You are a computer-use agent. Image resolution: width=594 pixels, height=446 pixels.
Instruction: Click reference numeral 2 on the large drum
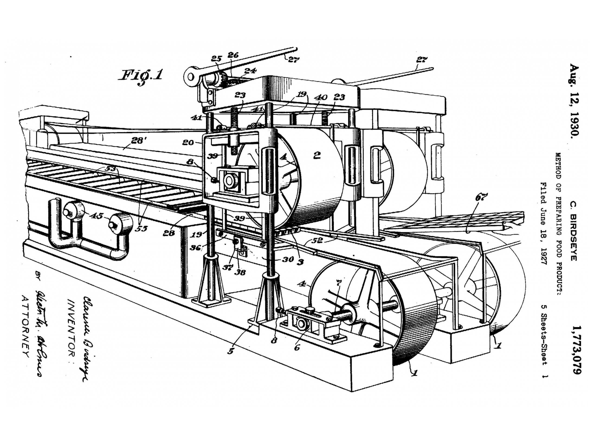point(317,155)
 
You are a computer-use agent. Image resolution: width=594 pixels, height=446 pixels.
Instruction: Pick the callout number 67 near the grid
point(481,197)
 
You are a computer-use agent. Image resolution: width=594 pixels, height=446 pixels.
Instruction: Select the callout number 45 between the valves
point(96,216)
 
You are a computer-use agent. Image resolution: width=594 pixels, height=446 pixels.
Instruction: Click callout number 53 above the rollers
point(110,169)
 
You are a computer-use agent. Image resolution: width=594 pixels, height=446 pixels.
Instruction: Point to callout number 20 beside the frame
point(188,142)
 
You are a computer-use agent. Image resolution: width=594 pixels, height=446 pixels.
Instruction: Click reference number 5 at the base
point(230,351)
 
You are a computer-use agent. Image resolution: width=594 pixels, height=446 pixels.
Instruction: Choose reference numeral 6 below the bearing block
point(297,348)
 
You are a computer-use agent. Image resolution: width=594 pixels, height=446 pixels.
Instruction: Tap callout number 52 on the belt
point(317,240)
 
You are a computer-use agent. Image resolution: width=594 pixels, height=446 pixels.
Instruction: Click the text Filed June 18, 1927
point(543,223)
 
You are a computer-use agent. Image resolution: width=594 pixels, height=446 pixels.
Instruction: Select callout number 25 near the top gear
point(216,59)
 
